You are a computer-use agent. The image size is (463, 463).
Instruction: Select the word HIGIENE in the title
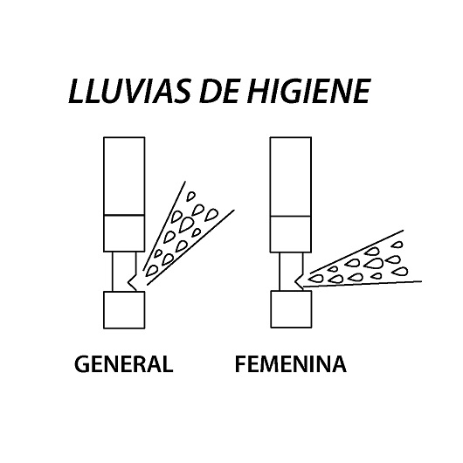(308, 91)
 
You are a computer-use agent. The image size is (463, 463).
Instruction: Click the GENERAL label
(123, 363)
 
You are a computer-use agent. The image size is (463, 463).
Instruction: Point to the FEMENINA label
(291, 363)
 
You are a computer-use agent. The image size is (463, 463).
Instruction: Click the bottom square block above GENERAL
(124, 310)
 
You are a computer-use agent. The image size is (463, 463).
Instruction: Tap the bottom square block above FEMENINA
(291, 309)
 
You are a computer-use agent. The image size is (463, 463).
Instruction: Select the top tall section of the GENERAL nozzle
(124, 176)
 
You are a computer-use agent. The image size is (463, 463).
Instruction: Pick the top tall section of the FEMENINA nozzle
(291, 176)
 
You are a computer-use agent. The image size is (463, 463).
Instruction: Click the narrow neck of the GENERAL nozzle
(124, 272)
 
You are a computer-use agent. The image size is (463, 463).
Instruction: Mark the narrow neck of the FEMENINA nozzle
(291, 272)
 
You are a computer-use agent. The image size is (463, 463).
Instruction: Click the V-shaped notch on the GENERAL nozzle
(131, 282)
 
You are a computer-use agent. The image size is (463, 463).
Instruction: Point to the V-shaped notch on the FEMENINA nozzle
(298, 281)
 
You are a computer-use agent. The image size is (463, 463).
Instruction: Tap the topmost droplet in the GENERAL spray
(191, 197)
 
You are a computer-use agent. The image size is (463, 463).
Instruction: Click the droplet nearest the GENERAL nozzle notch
(151, 271)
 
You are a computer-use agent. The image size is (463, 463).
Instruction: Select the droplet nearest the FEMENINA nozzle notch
(315, 278)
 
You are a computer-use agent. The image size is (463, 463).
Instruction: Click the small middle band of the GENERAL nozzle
(124, 233)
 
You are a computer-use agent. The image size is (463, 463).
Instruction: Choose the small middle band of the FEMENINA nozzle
(291, 234)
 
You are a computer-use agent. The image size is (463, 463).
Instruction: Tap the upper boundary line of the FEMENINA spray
(356, 252)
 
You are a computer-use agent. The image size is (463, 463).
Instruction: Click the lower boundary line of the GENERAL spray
(190, 247)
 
